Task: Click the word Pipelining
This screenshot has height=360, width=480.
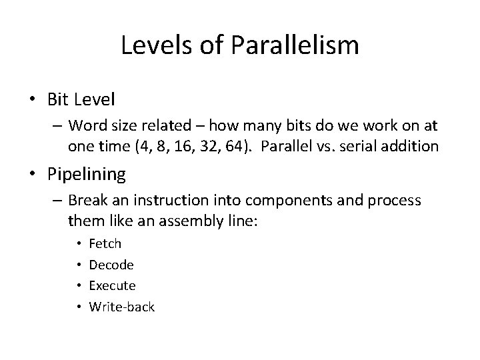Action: [87, 175]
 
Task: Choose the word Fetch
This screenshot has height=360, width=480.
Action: [105, 244]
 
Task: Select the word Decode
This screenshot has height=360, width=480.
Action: [111, 265]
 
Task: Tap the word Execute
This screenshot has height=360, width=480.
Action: [112, 285]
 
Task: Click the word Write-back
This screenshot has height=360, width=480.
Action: [121, 307]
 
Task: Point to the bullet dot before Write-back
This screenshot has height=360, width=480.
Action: [79, 307]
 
